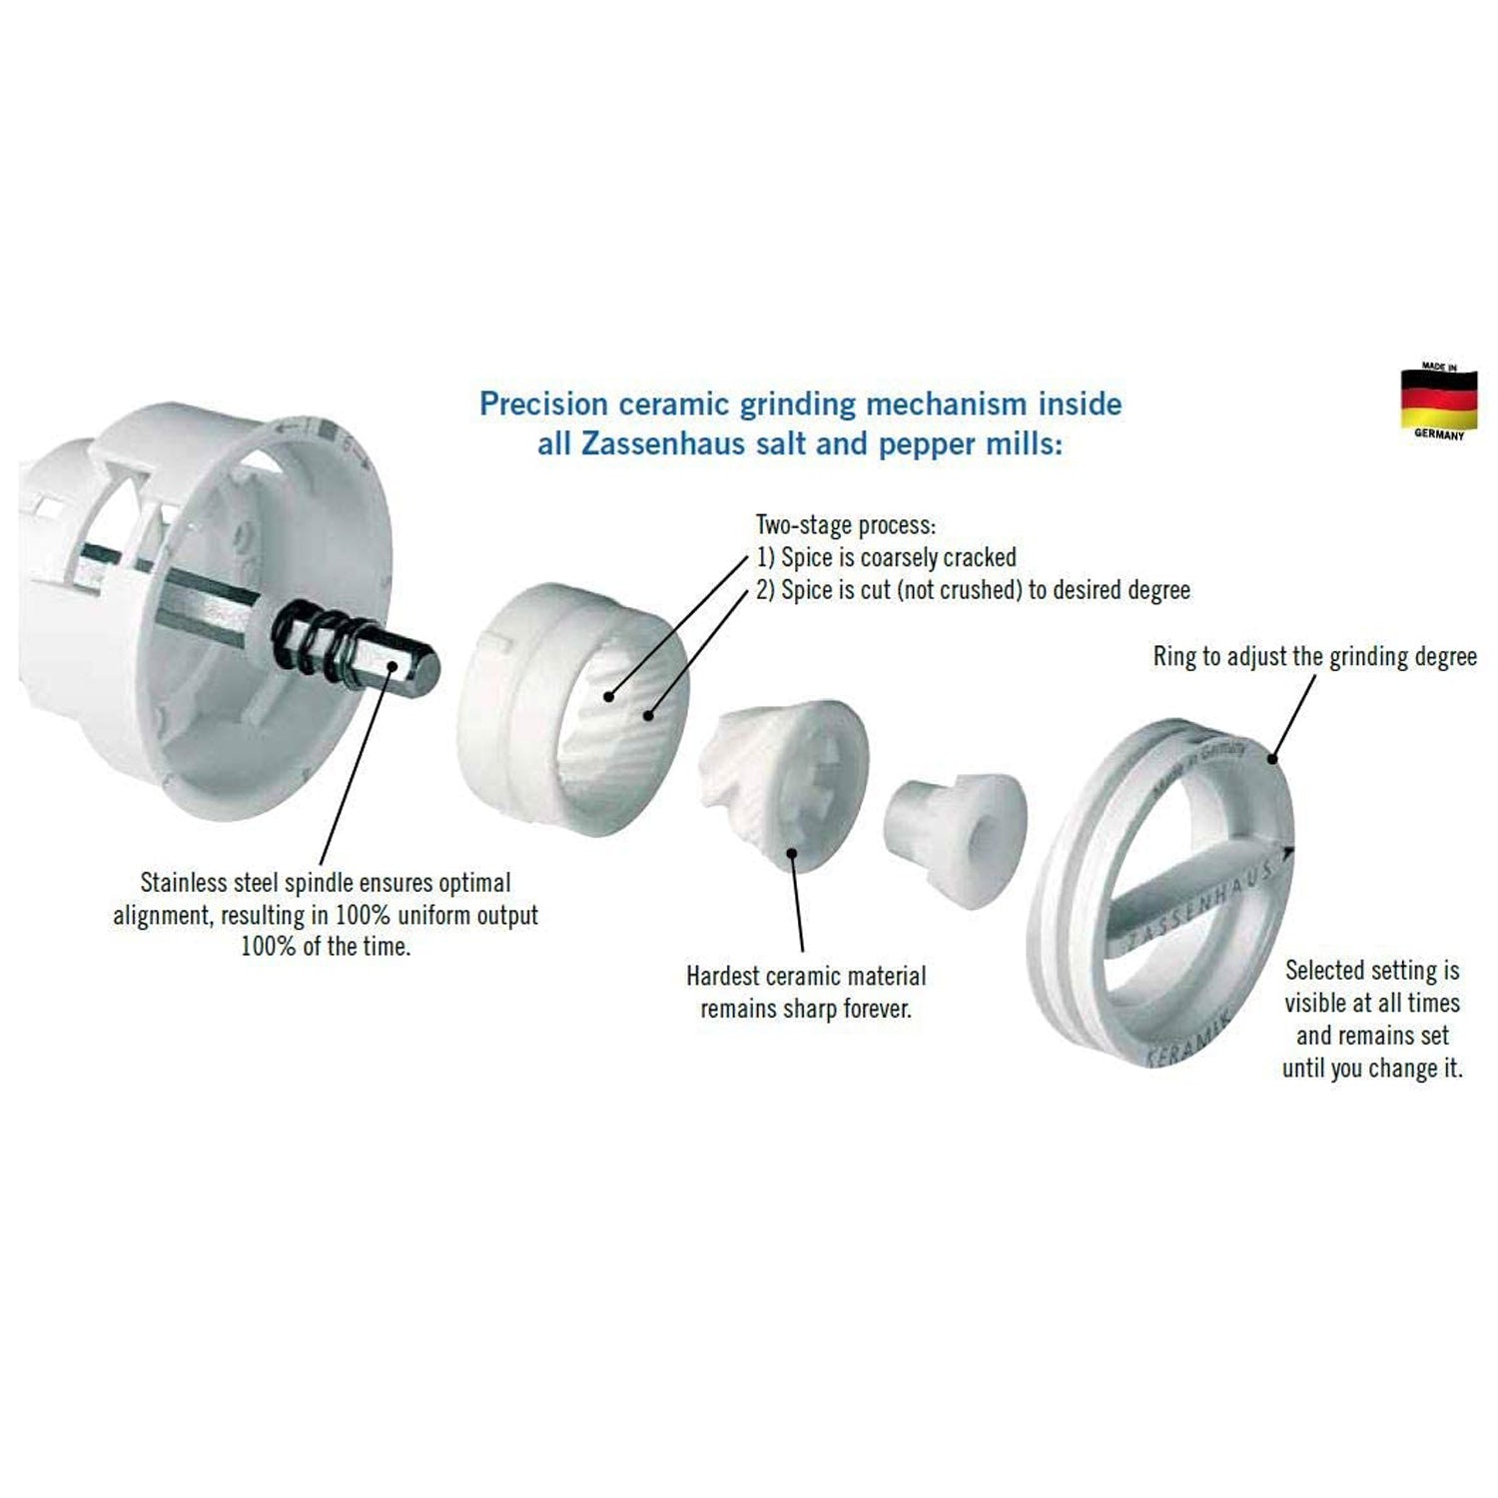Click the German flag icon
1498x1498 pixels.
1438,400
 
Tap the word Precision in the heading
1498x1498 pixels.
544,403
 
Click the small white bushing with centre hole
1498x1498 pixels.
955,839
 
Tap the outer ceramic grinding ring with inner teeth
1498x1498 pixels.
573,710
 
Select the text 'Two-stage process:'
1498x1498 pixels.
846,525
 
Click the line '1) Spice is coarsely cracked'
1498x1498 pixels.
887,557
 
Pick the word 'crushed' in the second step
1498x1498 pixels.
977,590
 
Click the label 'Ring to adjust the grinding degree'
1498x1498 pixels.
1315,657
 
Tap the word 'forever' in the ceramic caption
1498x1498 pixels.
878,1009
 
